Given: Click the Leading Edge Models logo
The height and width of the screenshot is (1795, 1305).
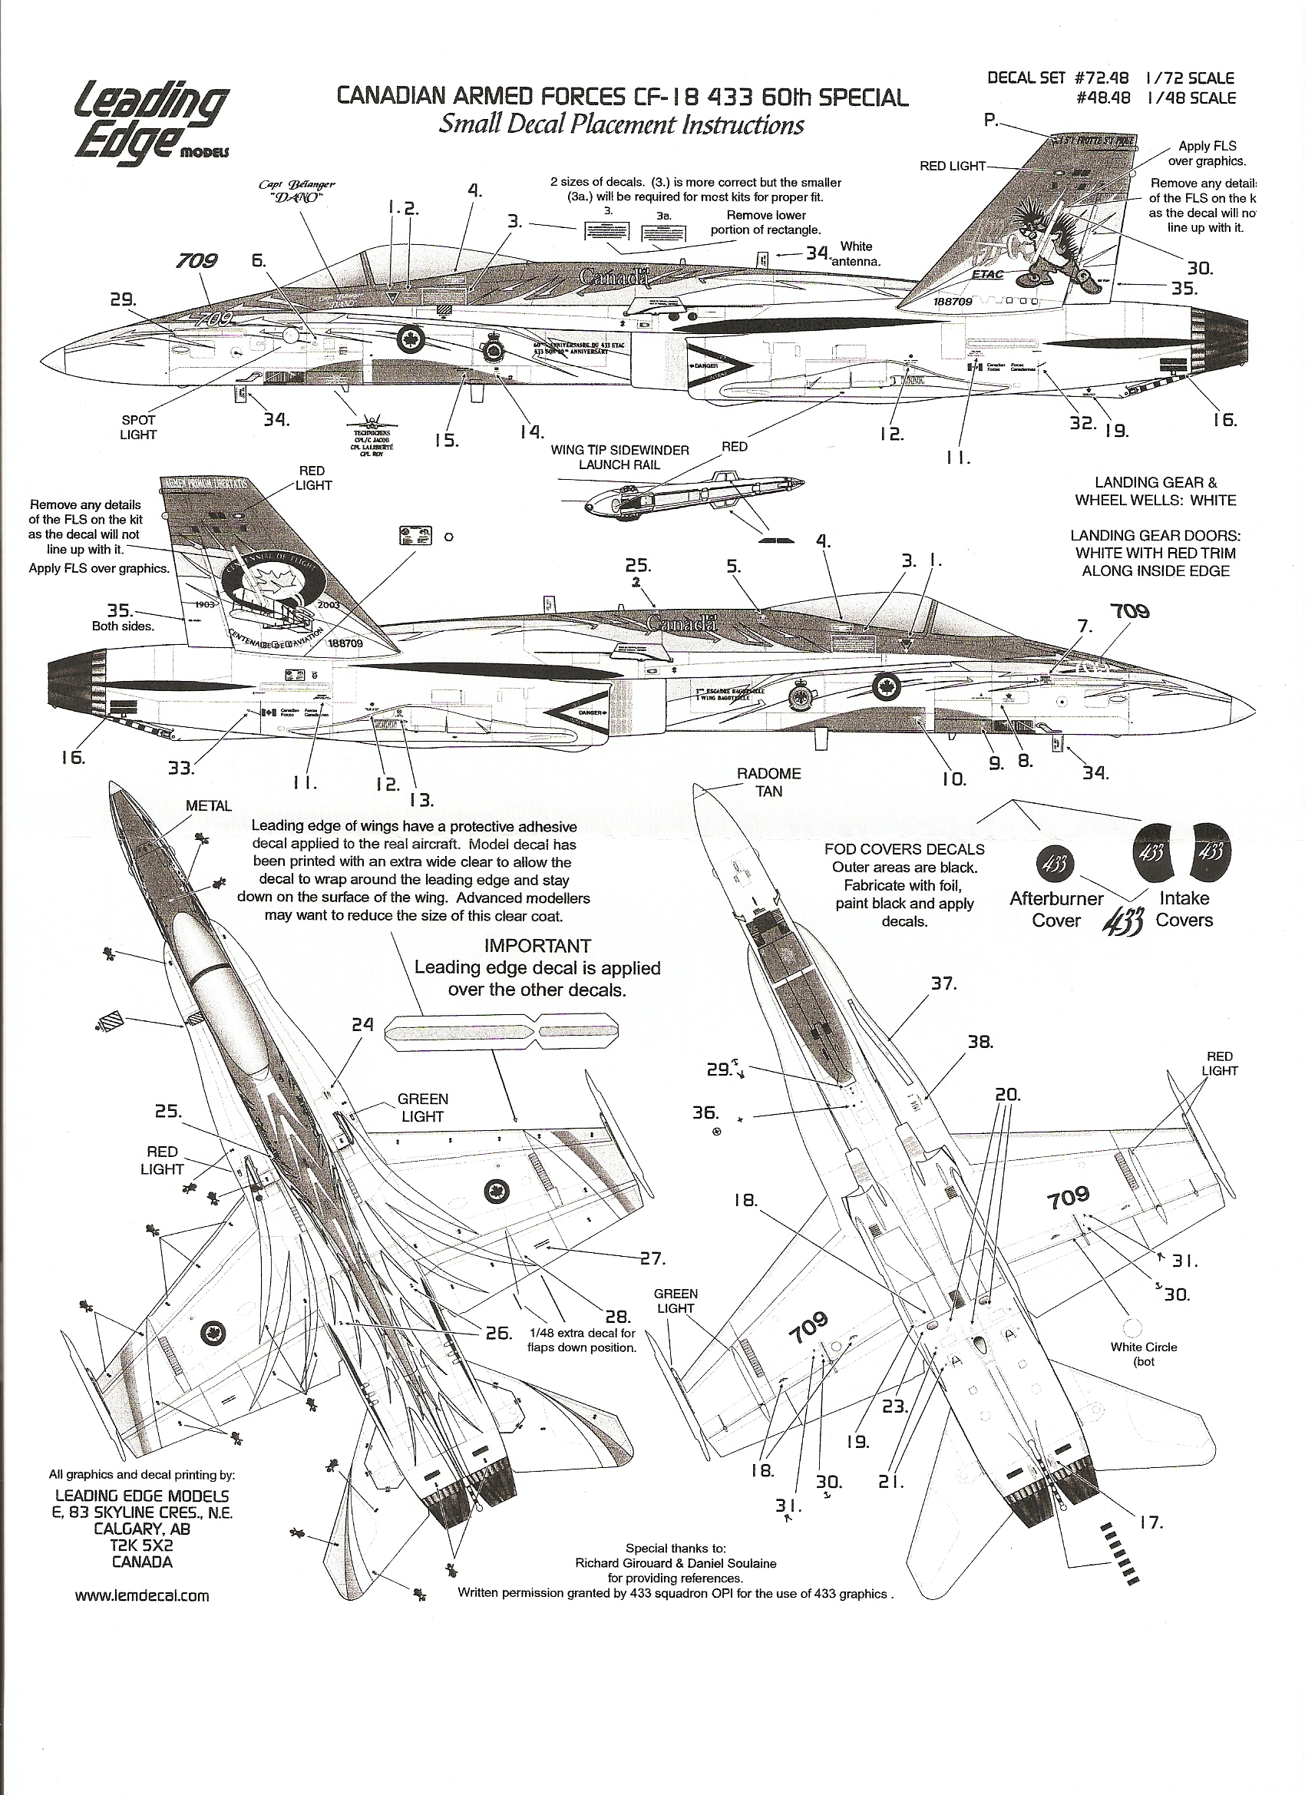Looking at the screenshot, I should click(151, 119).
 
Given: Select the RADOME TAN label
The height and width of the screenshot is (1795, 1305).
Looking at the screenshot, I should click(768, 782).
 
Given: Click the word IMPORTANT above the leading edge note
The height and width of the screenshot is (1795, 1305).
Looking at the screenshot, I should click(537, 946).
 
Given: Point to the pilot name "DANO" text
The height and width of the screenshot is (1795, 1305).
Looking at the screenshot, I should click(302, 198).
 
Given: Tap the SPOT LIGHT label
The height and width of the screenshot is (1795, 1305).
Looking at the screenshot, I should click(138, 428).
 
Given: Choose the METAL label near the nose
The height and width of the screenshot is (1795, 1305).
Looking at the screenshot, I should click(209, 805).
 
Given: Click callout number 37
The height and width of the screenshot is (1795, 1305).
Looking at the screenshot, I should click(943, 983).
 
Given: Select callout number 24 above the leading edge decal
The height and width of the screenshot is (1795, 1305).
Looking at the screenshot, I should click(363, 1024).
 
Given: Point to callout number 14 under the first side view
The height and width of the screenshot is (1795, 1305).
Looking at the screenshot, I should click(533, 431).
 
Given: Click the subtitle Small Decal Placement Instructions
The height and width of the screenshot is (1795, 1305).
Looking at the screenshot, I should click(621, 125).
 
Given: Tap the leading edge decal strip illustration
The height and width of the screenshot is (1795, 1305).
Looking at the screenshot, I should click(502, 1033).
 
